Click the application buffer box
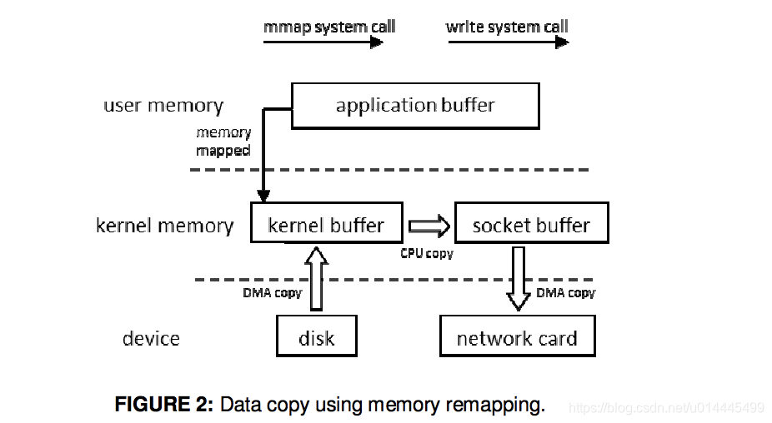point(415,106)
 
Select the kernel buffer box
point(327,222)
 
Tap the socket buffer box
point(532,223)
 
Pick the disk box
point(317,336)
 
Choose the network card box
point(518,336)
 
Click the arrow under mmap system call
point(323,42)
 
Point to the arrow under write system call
point(509,42)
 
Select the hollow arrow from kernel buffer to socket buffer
point(429,226)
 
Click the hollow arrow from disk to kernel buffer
point(316,279)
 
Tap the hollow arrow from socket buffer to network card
point(518,279)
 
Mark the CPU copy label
point(426,253)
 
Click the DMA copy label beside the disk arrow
point(273,293)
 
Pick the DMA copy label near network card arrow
point(566,293)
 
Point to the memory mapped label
point(223,142)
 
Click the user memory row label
point(163,105)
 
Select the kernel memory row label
point(165,226)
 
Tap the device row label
point(151,338)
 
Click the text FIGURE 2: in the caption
point(164,405)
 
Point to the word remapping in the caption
point(495,406)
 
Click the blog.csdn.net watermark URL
point(666,408)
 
